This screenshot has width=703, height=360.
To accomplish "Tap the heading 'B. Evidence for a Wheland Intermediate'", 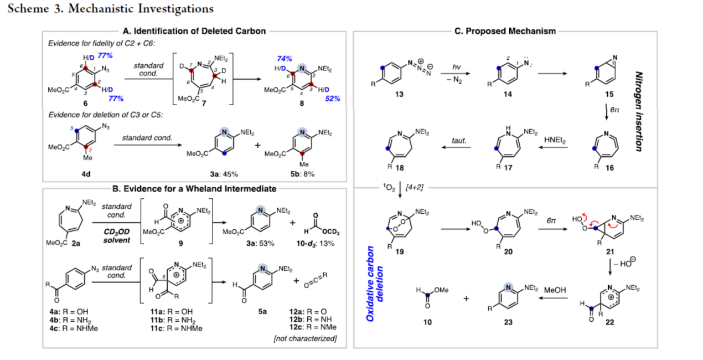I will pos(194,189).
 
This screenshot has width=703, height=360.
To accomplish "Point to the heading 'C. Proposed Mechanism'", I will pos(505,32).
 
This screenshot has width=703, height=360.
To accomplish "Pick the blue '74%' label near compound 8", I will pos(285,58).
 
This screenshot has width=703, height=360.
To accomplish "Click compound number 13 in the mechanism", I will pos(399,94).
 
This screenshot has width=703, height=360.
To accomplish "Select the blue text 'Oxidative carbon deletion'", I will pos(375,283).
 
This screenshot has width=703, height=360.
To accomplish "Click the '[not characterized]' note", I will pos(305,338).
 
